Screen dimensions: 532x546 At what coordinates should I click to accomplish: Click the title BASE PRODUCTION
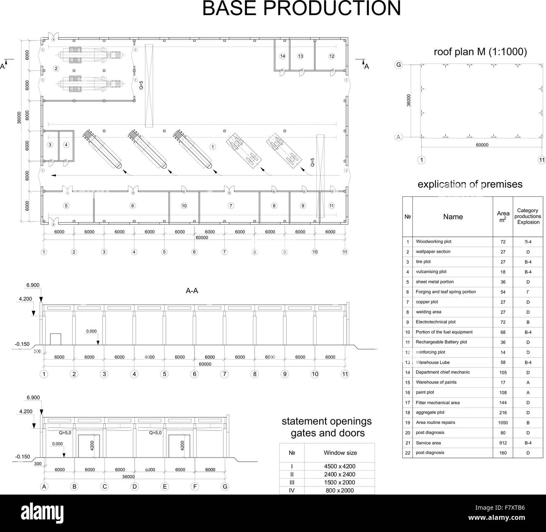[x=301, y=8]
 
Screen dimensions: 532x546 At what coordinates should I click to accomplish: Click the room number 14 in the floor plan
[x=282, y=56]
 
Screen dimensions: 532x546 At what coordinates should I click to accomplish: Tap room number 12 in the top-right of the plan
[x=332, y=56]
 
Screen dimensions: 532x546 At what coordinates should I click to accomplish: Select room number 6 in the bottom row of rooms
[x=133, y=206]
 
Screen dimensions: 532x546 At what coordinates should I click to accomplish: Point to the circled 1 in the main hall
[x=213, y=147]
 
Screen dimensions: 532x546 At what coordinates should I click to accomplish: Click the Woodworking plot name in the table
[x=433, y=242]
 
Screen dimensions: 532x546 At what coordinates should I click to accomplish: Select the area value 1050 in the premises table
[x=503, y=423]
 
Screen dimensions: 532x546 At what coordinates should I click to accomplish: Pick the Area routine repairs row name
[x=435, y=423]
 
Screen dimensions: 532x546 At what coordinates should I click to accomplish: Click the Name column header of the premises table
[x=453, y=217]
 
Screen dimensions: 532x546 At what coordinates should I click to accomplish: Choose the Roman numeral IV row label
[x=292, y=490]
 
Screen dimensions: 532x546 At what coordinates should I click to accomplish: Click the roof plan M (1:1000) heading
[x=480, y=52]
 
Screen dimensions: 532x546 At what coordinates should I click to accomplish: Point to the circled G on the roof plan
[x=399, y=65]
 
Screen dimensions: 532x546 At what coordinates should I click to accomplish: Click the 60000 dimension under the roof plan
[x=482, y=145]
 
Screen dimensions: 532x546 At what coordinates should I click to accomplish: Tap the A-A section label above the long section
[x=192, y=291]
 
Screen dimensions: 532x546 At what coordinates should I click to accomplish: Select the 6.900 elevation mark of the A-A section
[x=33, y=285]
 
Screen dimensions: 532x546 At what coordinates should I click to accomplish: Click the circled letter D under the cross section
[x=134, y=487]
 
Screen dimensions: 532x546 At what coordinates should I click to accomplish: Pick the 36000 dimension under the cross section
[x=129, y=477]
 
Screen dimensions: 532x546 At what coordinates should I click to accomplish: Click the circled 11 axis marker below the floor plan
[x=345, y=252]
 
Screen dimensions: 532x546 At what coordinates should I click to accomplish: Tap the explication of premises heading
[x=470, y=184]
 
